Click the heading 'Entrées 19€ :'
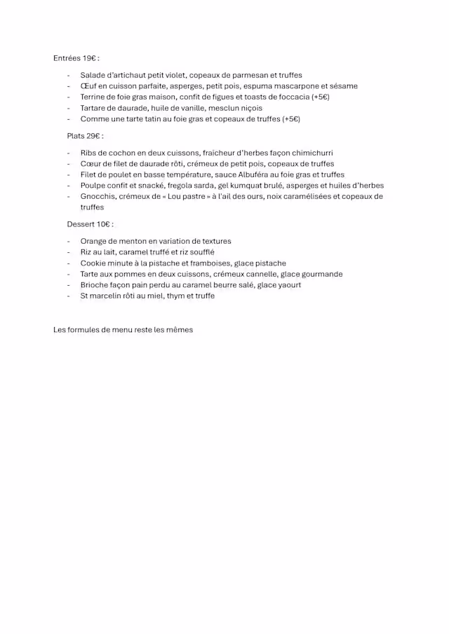point(76,58)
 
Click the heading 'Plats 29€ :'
point(85,136)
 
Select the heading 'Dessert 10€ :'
point(90,224)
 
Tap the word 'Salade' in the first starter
point(93,75)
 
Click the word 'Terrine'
point(95,97)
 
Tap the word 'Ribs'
point(89,152)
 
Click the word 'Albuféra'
point(246,174)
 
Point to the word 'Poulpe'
point(93,186)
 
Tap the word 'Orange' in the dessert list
point(95,241)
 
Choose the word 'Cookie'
point(94,263)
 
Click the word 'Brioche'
point(95,285)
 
